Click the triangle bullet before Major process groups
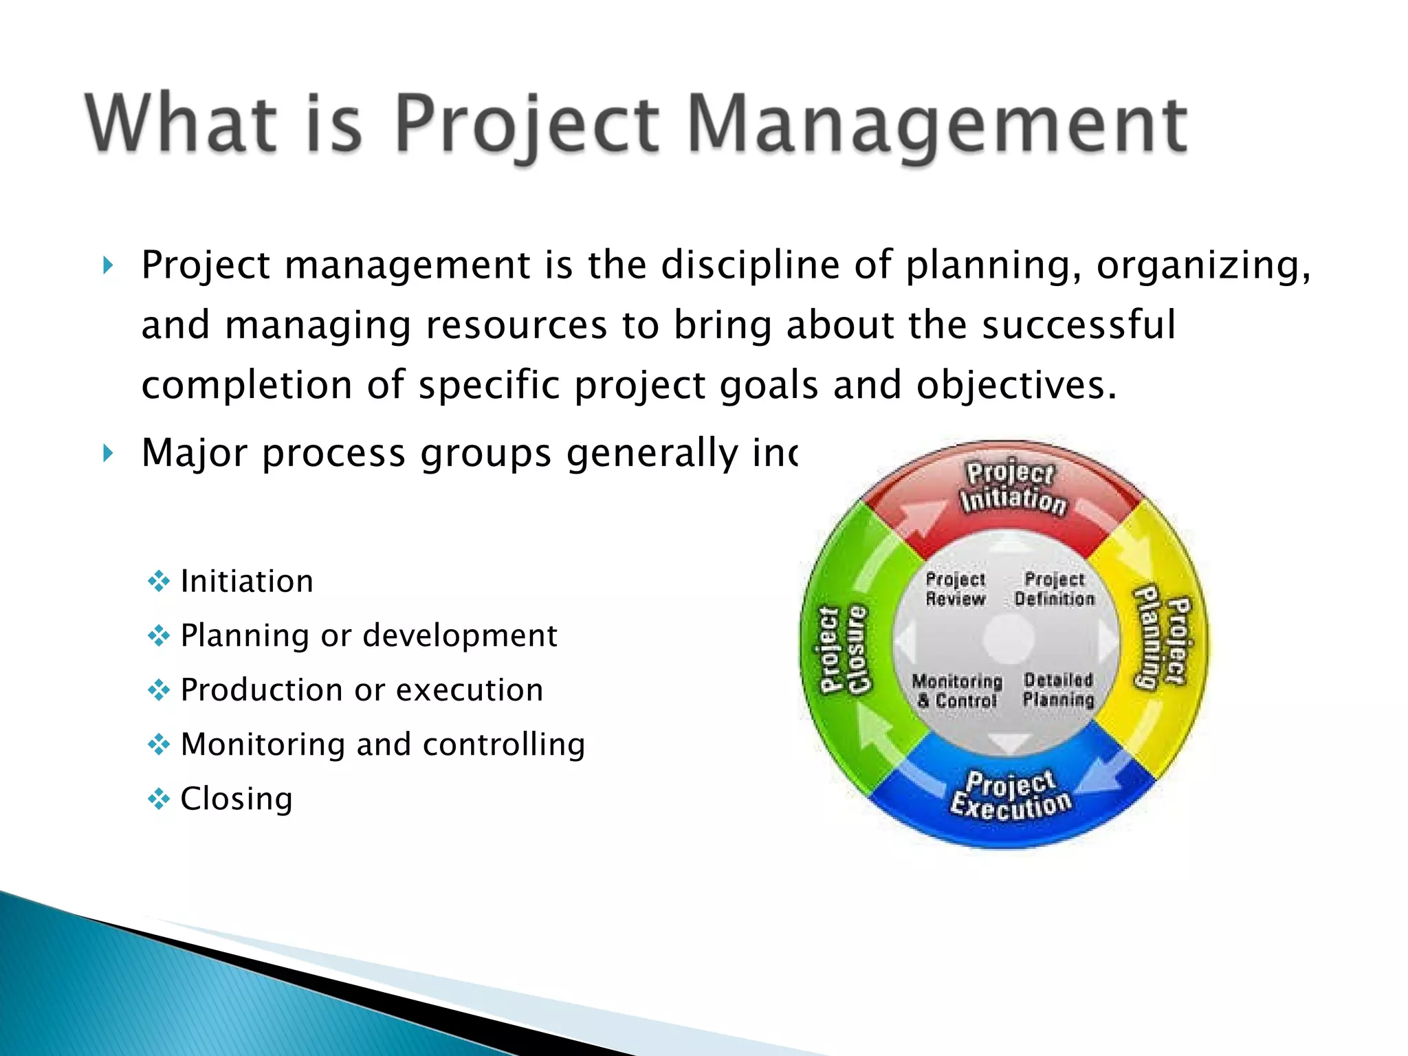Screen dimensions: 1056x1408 [108, 454]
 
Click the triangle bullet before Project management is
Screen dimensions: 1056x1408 [108, 265]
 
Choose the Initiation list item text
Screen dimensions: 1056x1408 [247, 582]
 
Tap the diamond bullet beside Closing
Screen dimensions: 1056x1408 [159, 799]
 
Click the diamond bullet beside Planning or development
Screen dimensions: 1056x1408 [159, 636]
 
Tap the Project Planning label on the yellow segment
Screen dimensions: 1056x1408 [1163, 638]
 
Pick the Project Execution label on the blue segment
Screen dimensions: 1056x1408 [1010, 796]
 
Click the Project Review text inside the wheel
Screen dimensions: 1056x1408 [955, 589]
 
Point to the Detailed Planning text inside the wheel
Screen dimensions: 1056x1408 [1058, 690]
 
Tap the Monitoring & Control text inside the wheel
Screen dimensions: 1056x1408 [957, 691]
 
